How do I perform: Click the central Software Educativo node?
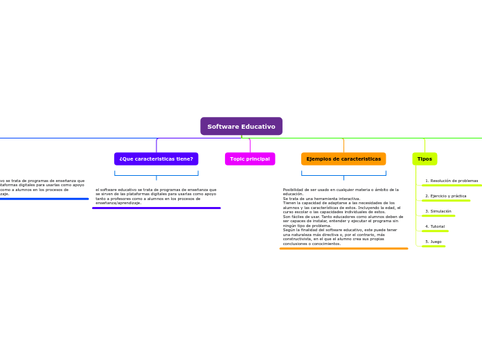click(241, 126)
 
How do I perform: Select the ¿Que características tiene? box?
click(156, 159)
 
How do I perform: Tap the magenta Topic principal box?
click(250, 159)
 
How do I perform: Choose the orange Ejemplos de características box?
click(343, 159)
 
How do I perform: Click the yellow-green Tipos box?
click(425, 159)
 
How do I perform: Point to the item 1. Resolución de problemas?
click(452, 181)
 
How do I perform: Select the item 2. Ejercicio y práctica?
click(445, 196)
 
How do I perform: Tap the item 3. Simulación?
click(438, 211)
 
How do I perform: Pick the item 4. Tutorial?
click(435, 226)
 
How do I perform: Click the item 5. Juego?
click(433, 242)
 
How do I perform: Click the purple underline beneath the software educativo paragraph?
click(156, 208)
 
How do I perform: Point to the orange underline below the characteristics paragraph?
click(343, 248)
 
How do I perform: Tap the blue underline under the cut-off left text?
click(44, 199)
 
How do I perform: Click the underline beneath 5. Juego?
click(434, 246)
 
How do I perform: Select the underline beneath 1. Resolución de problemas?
click(452, 186)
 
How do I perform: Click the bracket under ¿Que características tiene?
click(156, 174)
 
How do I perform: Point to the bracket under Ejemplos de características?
click(343, 174)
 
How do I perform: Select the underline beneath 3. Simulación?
click(438, 216)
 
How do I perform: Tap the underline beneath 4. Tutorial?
click(435, 231)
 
